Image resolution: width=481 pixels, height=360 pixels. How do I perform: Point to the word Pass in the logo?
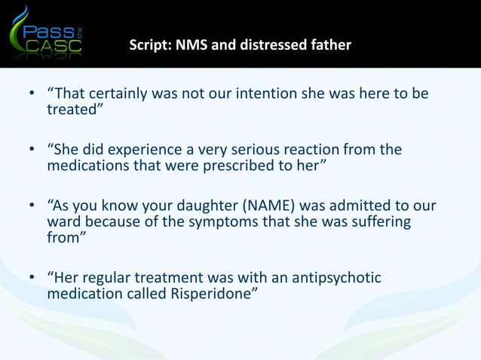[51, 29]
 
